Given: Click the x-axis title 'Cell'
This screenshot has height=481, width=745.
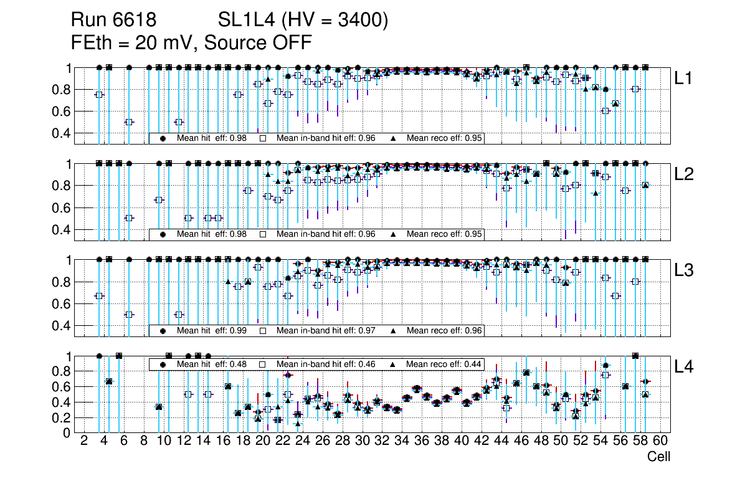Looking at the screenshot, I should (658, 457).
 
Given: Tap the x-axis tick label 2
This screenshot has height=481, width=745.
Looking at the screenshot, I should (84, 441).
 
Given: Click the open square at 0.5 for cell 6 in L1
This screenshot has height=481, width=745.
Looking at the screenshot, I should (129, 122).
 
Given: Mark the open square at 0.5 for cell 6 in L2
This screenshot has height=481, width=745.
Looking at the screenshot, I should (129, 218).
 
